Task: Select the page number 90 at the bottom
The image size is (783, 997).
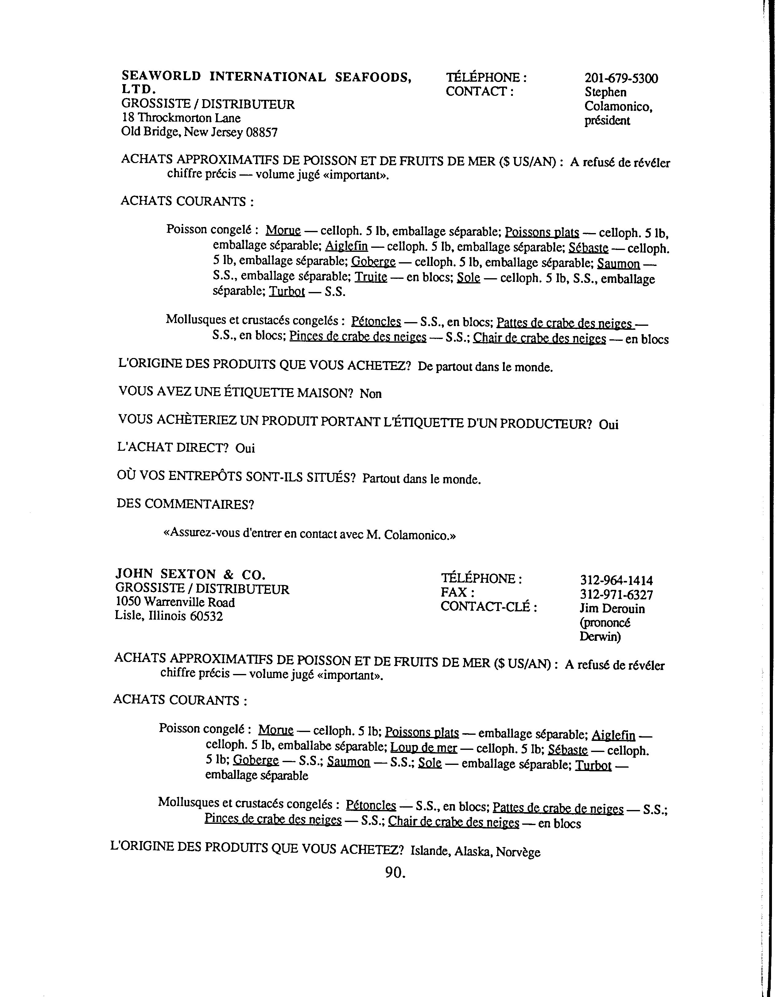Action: (395, 872)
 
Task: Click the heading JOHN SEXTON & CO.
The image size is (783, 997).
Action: (190, 574)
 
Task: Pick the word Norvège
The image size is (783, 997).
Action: (518, 852)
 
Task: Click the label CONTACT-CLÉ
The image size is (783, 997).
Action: (488, 607)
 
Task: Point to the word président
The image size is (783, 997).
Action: (607, 121)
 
